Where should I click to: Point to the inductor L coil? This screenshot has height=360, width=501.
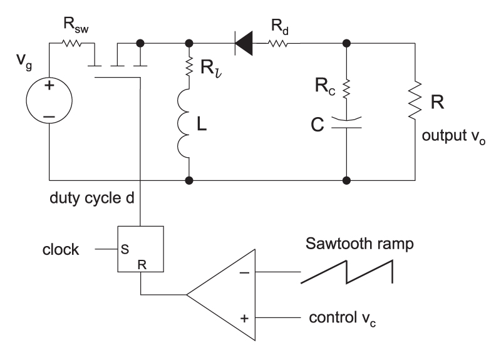click(x=188, y=125)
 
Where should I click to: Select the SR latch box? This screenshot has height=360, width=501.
click(x=142, y=249)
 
